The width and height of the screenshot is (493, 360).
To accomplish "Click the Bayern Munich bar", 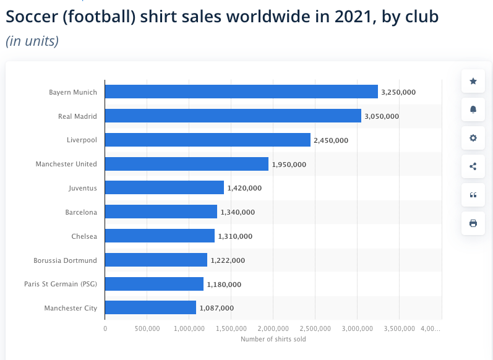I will (241, 92).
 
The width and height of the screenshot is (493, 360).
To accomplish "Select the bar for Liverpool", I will (207, 140).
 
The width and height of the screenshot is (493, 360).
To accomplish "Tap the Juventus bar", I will (164, 187).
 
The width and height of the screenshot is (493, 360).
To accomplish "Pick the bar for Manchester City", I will (150, 307).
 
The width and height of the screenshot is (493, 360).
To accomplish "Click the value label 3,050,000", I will (382, 116).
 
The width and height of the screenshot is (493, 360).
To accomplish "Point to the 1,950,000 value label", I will (289, 165).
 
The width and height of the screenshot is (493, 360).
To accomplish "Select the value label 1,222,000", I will (228, 260).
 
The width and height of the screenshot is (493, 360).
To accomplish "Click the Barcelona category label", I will (81, 212).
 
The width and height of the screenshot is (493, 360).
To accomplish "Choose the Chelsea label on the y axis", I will (85, 236).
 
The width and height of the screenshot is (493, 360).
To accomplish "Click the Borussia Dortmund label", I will (66, 260).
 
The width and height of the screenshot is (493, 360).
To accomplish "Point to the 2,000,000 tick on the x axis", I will (273, 328).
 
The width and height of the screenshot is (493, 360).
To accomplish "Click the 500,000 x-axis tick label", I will (147, 328).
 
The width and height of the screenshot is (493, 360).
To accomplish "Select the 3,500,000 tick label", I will (400, 328).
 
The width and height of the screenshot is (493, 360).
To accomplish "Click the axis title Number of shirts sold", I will (273, 338).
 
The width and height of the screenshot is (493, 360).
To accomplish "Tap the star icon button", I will (473, 81).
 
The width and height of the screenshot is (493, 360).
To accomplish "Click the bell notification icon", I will (473, 109).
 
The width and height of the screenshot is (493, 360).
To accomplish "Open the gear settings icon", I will (473, 138).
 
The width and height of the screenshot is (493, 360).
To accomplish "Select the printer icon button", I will (473, 223).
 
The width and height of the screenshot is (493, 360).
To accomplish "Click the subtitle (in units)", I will (32, 41).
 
